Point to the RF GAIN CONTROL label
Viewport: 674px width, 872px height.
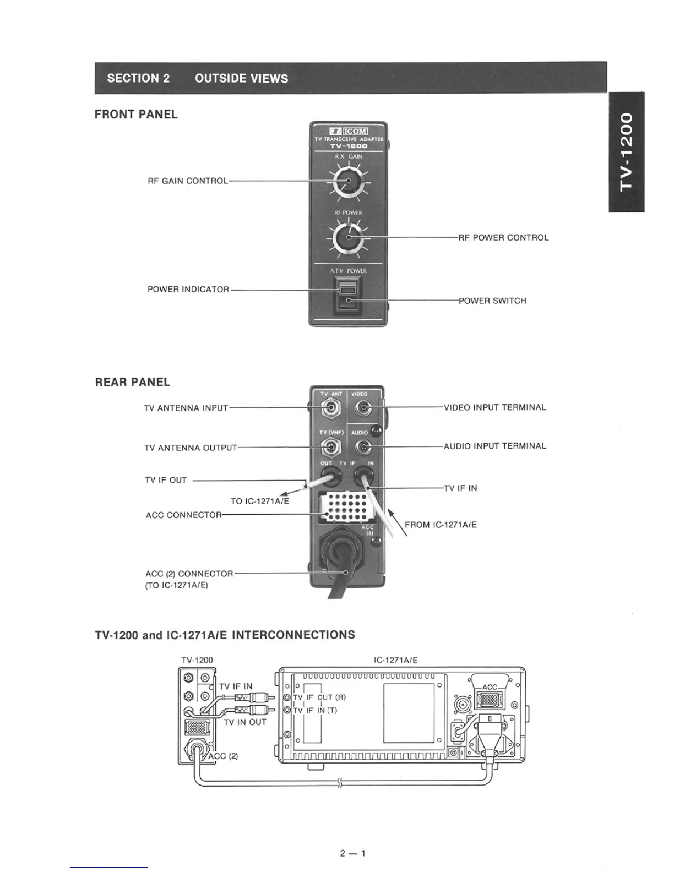187,181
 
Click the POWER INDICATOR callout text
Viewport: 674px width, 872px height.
188,290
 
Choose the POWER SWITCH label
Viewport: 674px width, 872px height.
492,301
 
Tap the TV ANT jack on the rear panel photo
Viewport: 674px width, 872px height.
330,408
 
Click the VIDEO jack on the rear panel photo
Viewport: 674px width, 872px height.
362,408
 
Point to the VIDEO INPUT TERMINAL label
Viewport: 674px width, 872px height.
495,408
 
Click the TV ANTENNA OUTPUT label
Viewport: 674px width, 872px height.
191,448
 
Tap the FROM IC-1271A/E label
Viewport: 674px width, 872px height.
441,525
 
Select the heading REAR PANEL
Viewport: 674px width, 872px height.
133,383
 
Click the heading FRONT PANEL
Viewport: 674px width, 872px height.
136,115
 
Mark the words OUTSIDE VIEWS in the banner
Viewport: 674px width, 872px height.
241,78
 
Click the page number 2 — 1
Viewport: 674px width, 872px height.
353,854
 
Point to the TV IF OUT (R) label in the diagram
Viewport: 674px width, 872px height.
319,697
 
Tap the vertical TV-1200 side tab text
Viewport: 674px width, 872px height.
627,151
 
